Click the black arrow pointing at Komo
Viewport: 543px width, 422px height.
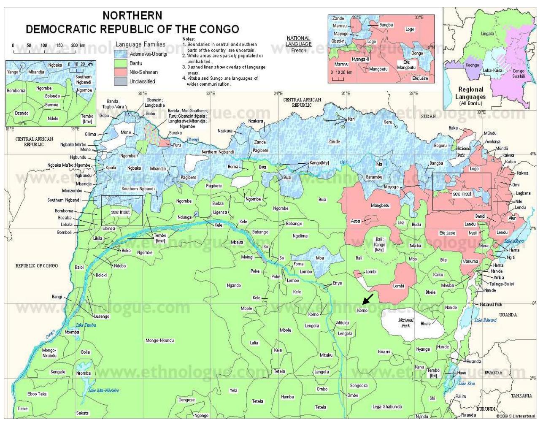(368, 299)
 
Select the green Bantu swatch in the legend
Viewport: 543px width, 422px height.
(121, 63)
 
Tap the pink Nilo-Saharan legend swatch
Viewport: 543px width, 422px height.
(121, 72)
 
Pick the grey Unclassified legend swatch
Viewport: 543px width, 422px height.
(121, 81)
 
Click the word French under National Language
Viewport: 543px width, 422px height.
(298, 51)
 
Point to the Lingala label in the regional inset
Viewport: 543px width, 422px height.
(487, 34)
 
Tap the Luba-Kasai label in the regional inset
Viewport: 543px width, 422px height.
(493, 70)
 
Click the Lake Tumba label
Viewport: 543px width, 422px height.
(86, 325)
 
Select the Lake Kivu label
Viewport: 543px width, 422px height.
(467, 383)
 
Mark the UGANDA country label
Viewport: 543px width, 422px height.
(508, 315)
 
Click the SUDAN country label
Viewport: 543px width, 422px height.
(428, 116)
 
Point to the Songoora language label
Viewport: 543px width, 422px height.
(359, 386)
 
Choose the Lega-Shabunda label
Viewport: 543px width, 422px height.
(387, 407)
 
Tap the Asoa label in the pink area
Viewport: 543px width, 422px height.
(355, 221)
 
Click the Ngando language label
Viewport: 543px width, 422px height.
(234, 286)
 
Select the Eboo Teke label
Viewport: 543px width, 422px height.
(37, 394)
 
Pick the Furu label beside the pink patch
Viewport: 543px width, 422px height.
(177, 145)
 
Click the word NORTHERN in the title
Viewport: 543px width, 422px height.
(132, 16)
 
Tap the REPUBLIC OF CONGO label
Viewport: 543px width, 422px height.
(37, 266)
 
